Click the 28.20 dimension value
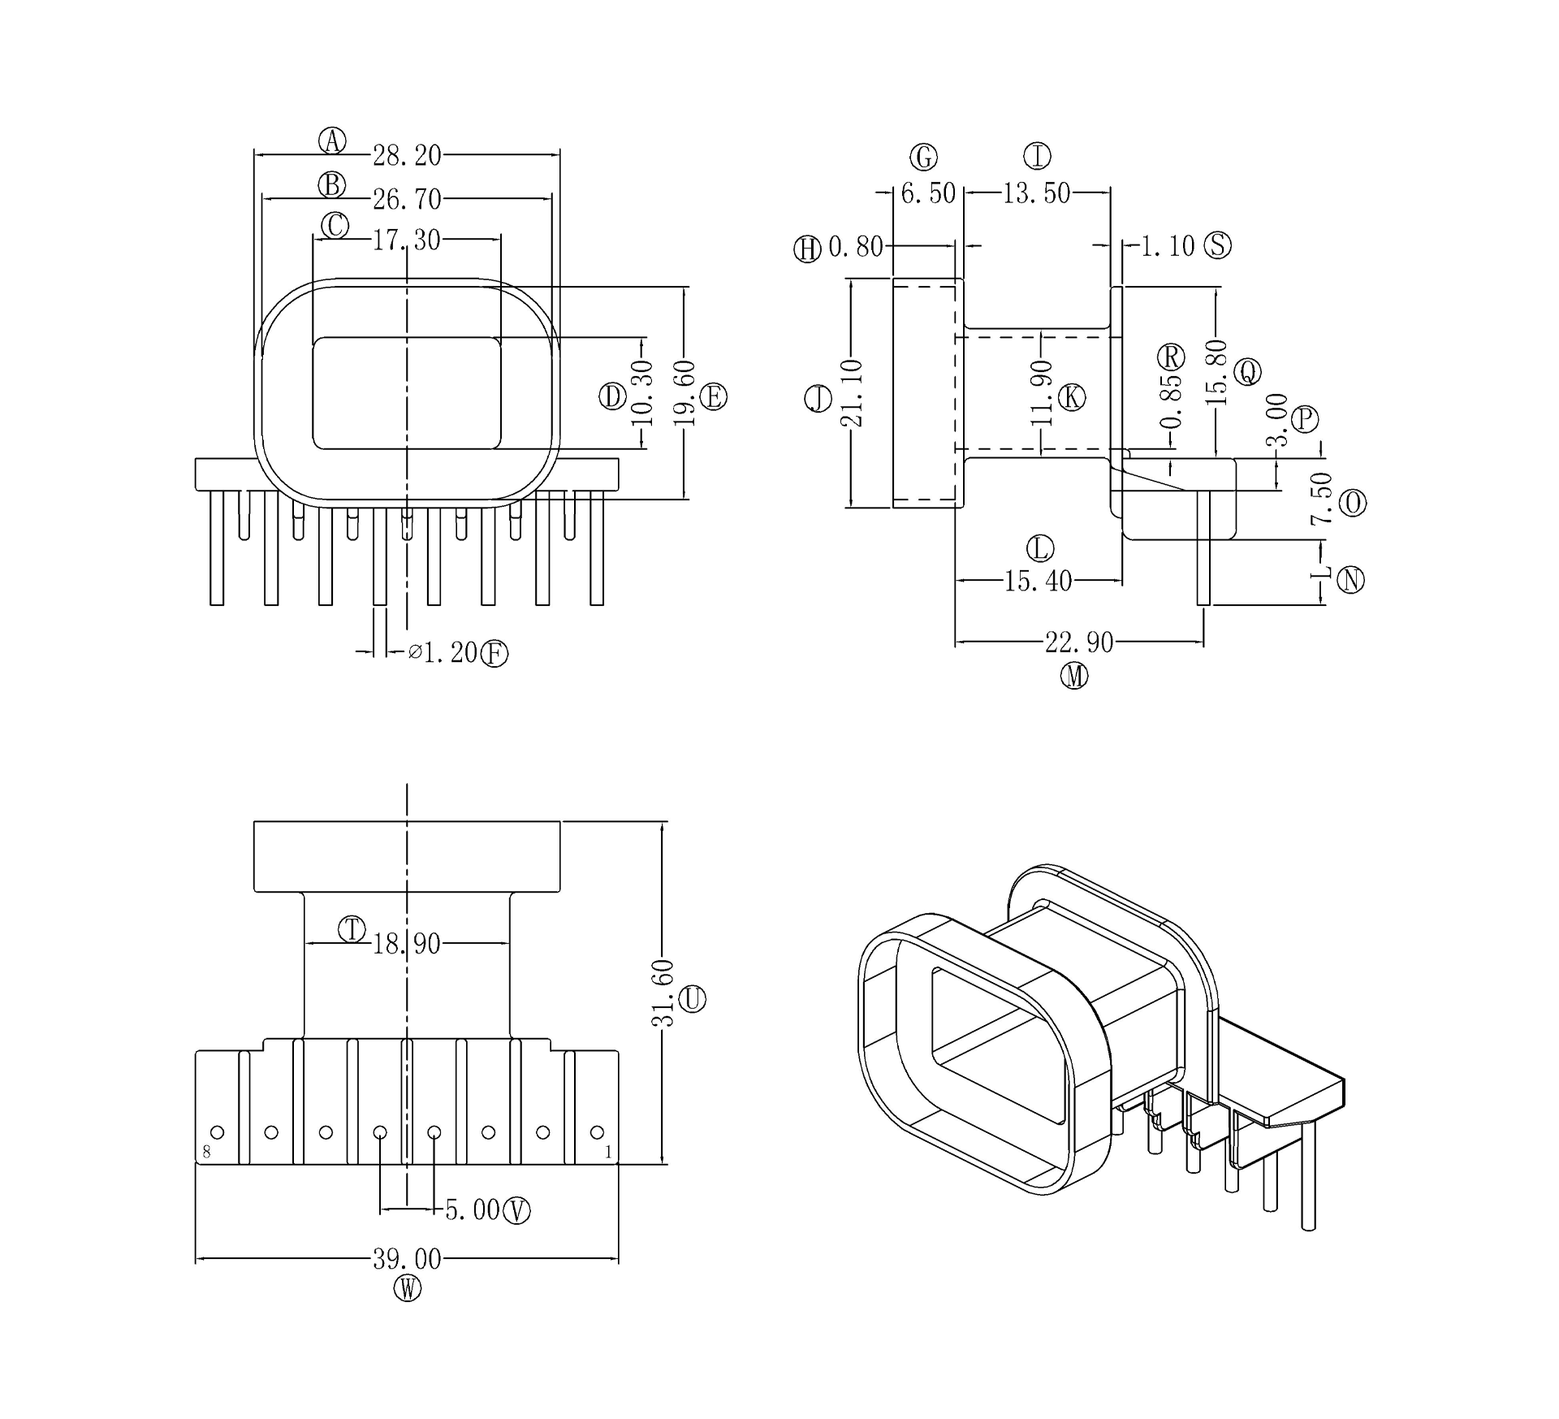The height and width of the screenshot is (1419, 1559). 407,155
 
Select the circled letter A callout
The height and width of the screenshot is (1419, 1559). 331,141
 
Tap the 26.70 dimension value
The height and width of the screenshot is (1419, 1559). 407,198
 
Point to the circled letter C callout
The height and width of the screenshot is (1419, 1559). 335,226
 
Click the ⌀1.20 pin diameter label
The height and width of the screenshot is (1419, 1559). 443,652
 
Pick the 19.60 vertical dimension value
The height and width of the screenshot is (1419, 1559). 685,393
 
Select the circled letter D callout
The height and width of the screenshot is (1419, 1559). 612,396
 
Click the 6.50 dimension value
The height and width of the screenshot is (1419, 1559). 928,193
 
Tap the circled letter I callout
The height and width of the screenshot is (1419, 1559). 1037,155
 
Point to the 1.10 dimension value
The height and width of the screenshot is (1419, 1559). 1168,245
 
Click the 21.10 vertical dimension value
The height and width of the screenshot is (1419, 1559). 852,393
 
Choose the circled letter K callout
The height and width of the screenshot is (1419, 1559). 1072,397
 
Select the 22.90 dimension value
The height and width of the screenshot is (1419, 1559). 1079,642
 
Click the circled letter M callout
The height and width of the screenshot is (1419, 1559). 1075,676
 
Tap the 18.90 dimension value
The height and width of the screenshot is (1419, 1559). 407,944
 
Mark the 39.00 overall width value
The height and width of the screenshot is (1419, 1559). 407,1259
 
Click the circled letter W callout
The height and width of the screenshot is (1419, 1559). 408,1288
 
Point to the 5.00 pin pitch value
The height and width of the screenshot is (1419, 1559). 473,1209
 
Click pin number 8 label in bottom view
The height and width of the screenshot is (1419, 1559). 206,1151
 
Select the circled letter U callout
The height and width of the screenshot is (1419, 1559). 692,999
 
